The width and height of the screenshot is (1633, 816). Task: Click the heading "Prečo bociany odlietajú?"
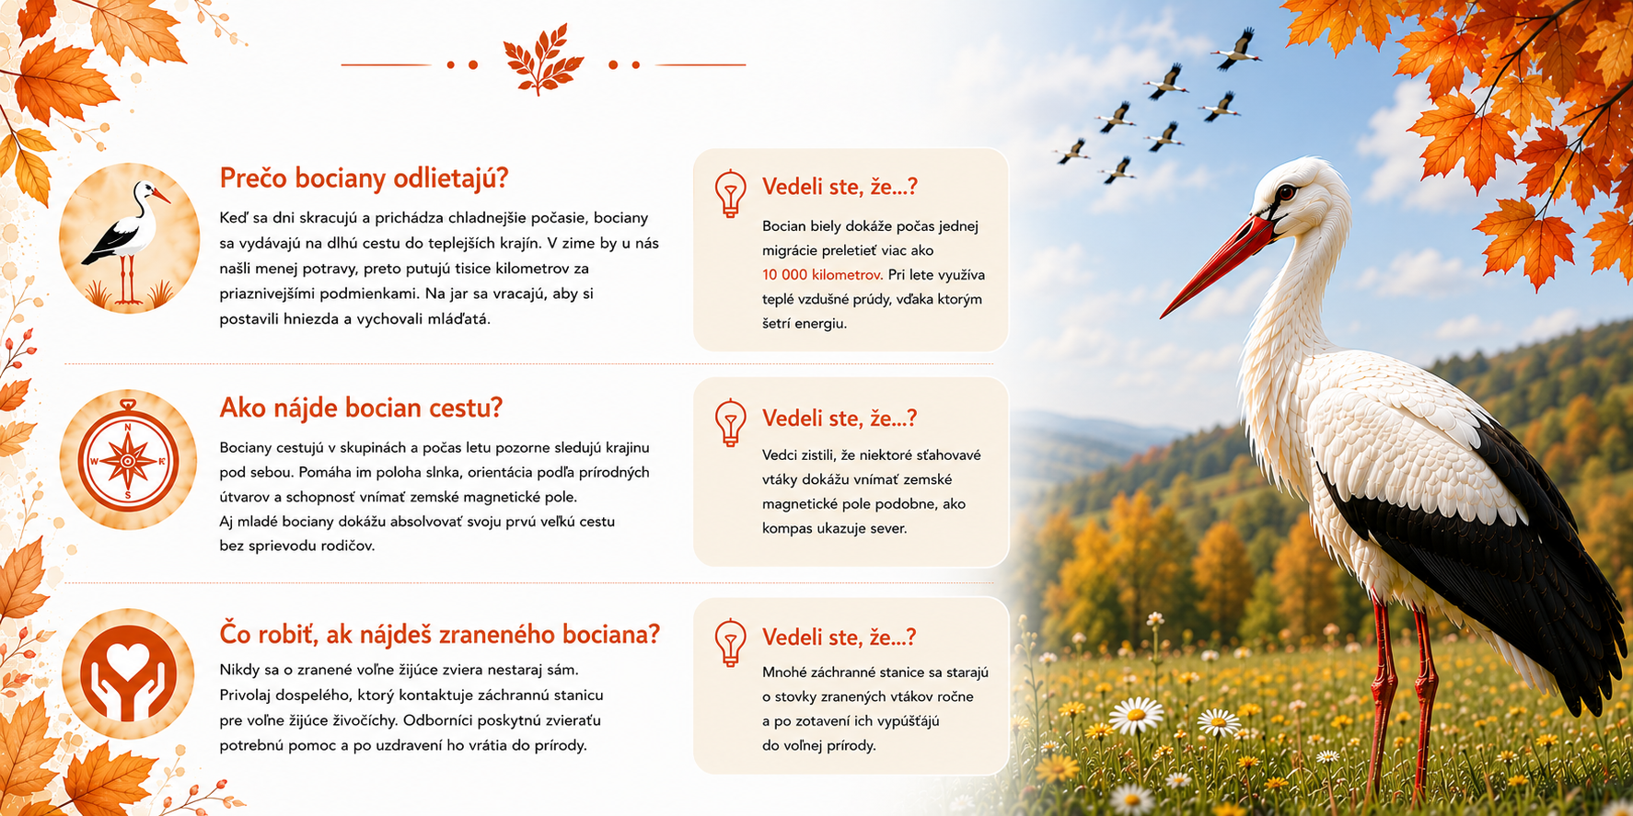point(364,178)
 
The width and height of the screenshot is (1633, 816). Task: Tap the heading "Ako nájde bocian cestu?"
point(361,408)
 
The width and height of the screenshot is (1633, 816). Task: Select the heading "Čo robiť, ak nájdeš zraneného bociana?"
point(440,634)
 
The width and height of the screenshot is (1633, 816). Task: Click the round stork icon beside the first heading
point(129,237)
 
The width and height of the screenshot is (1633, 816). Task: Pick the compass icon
point(128,459)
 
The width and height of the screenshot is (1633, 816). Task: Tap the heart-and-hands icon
point(128,674)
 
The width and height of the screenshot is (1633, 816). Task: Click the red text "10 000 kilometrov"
point(822,274)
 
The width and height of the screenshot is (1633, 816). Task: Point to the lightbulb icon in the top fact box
point(731,193)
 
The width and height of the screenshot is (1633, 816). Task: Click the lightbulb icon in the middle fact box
point(731,423)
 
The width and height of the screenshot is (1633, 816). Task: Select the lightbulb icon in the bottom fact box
point(731,642)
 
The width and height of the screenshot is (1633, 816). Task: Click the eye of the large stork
point(1285,192)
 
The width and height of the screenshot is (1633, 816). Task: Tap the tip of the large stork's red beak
point(1162,316)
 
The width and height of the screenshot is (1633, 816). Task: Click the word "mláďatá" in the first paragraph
point(460,318)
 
